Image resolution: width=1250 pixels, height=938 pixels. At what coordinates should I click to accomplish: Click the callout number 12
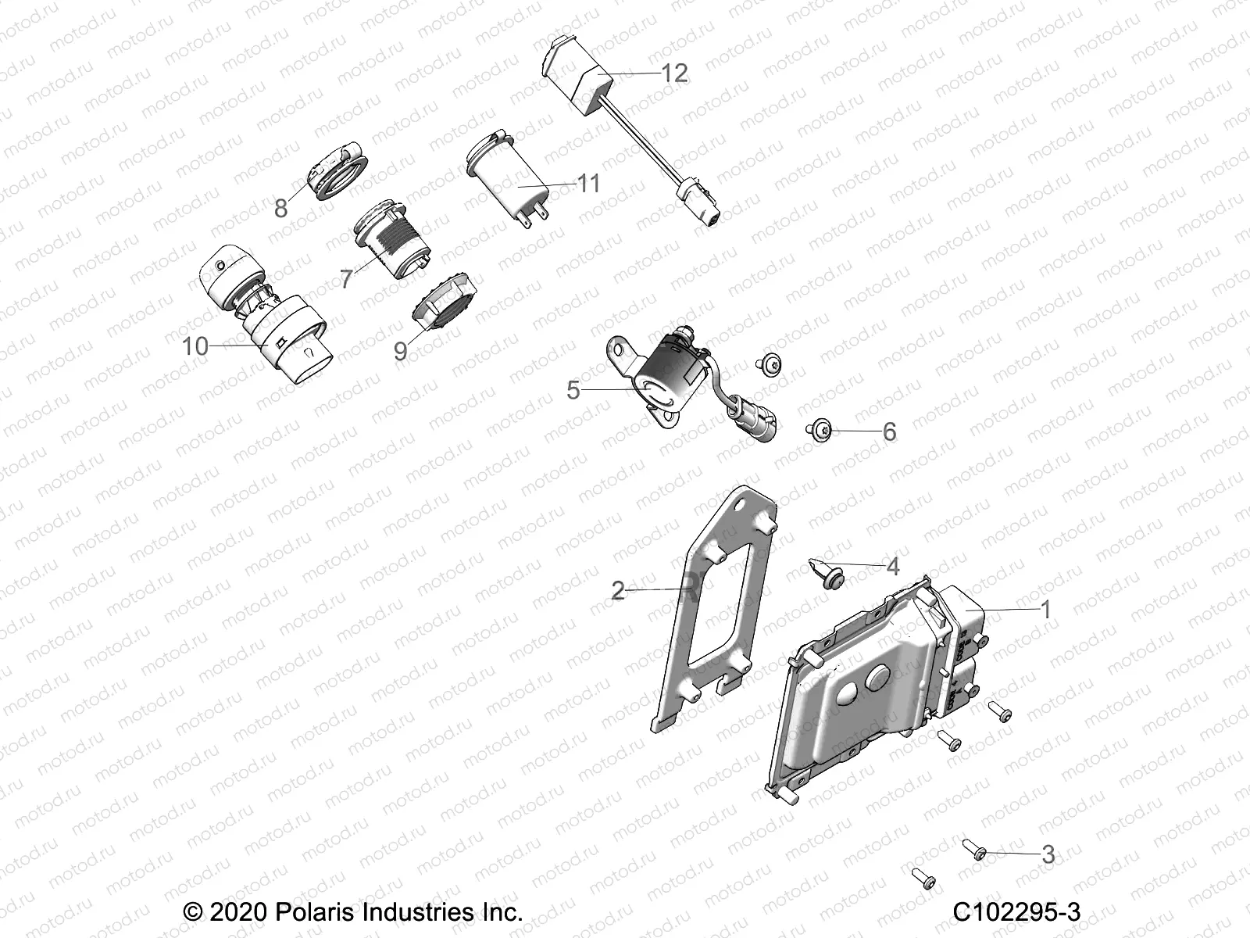(674, 73)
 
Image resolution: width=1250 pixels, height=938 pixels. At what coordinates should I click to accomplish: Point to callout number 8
(281, 208)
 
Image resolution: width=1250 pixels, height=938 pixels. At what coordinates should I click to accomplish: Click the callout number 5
(573, 389)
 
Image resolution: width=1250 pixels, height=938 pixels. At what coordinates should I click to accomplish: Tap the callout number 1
(1046, 610)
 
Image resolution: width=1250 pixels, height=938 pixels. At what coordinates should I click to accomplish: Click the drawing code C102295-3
(1016, 912)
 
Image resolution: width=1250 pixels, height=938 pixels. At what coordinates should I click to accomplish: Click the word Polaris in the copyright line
(309, 912)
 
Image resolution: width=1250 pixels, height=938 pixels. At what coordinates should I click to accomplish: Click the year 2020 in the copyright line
(238, 912)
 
